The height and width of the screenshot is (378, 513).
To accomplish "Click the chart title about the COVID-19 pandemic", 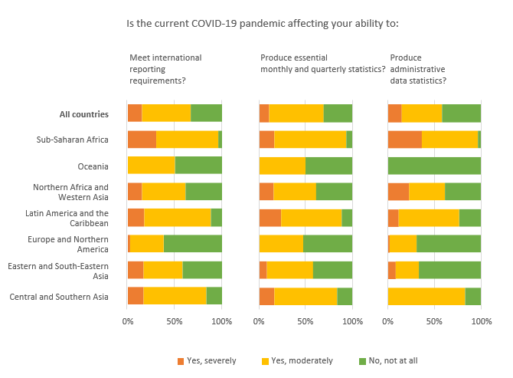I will [x=262, y=23].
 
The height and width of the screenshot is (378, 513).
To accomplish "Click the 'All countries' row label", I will [x=83, y=115].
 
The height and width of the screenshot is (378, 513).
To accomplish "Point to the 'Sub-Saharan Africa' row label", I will [x=72, y=140].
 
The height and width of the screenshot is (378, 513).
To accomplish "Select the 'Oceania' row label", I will [x=93, y=166].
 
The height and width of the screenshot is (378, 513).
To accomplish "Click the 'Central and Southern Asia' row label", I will [x=58, y=296].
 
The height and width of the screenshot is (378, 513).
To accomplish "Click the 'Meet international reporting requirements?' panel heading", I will [x=165, y=69].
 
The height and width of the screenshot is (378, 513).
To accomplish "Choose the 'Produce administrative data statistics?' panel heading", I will [x=418, y=69].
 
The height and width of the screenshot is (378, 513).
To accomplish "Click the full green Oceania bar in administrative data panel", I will [x=434, y=166].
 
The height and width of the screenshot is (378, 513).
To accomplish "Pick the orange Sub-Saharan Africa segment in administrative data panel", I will [x=404, y=140].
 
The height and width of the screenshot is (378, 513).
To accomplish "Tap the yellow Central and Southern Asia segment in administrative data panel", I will [x=426, y=296].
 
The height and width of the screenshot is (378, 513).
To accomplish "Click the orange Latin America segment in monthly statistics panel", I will [x=270, y=218].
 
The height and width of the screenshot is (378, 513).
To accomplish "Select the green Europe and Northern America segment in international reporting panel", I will [x=192, y=244].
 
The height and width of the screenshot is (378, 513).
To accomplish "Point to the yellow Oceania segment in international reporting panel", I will [x=151, y=166].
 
